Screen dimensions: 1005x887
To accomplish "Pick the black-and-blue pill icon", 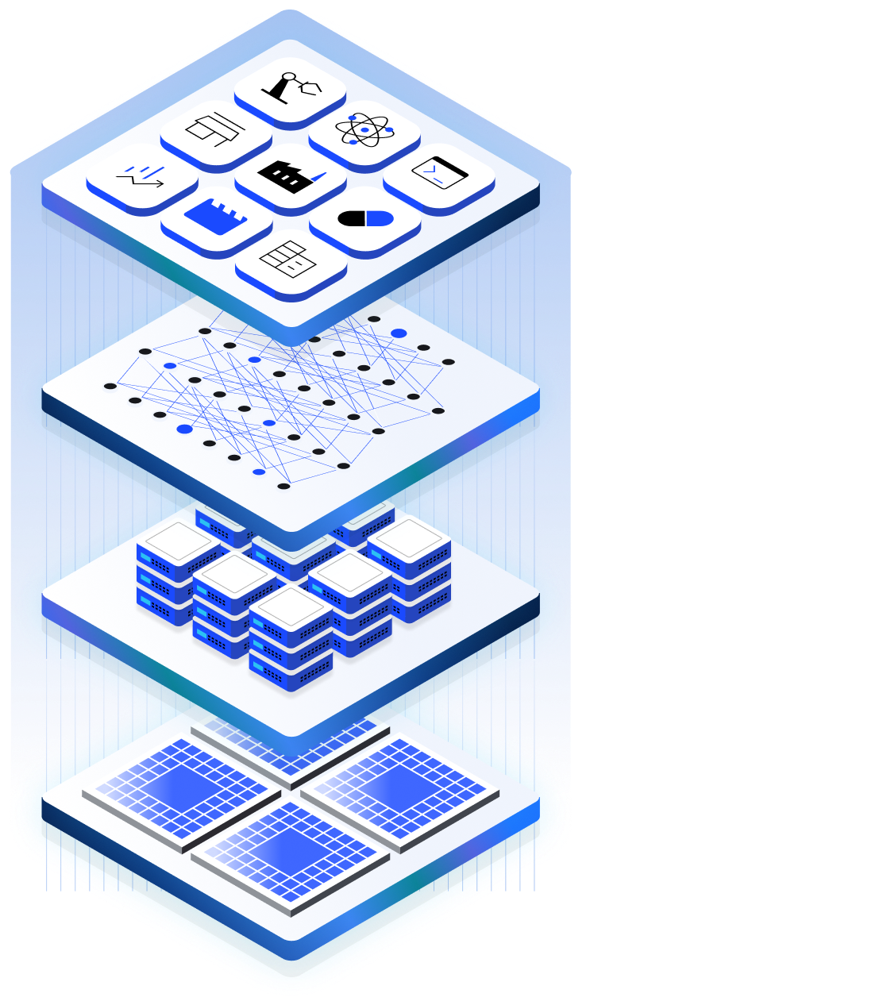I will point(364,218).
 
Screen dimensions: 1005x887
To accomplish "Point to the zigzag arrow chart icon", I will point(141,175).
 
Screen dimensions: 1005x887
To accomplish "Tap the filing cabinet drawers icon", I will point(290,258).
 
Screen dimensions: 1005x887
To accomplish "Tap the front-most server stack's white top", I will point(291,607).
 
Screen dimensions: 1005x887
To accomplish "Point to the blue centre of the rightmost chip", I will point(399,786).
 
